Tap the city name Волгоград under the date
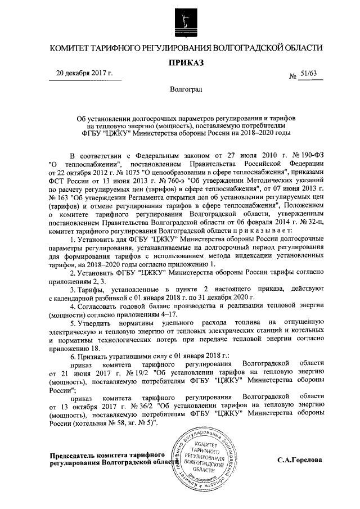point(184,89)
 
